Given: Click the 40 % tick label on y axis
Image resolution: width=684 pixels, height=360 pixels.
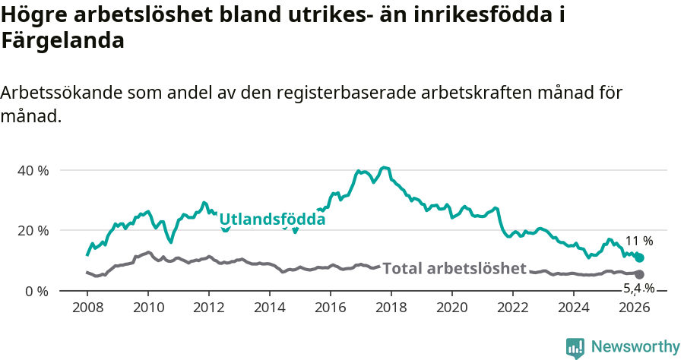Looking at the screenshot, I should [x=33, y=170].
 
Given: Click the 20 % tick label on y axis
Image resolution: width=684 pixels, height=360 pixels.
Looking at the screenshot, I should [x=33, y=230].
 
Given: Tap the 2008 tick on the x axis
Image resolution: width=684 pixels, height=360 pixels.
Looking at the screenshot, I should [x=87, y=308].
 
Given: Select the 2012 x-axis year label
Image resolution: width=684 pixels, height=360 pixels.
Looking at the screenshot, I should [x=209, y=308].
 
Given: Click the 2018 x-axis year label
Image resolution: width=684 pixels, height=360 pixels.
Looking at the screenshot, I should [x=391, y=308].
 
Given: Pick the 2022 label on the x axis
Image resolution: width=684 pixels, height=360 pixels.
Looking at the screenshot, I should [x=513, y=308].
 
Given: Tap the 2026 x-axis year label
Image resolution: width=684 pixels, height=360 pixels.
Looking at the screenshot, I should [x=635, y=308].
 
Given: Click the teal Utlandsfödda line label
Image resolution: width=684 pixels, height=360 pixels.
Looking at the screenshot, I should [x=272, y=219].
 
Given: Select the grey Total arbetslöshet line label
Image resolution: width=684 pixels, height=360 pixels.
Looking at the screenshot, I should [x=454, y=268].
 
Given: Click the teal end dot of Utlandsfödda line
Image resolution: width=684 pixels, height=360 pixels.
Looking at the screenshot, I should [x=639, y=258].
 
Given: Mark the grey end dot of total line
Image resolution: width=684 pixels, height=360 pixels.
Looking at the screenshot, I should [x=639, y=274].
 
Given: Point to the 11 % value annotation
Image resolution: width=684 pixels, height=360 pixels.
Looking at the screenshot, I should [x=638, y=241].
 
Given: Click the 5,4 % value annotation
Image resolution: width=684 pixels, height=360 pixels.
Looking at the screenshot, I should [x=638, y=288].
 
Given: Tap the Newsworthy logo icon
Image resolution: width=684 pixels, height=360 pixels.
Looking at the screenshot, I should [x=575, y=348].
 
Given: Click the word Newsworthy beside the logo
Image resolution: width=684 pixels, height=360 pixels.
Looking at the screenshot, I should [x=635, y=347].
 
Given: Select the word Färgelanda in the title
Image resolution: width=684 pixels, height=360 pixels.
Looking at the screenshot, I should [x=62, y=41].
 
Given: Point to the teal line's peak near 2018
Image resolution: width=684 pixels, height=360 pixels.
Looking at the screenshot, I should [x=385, y=167].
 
